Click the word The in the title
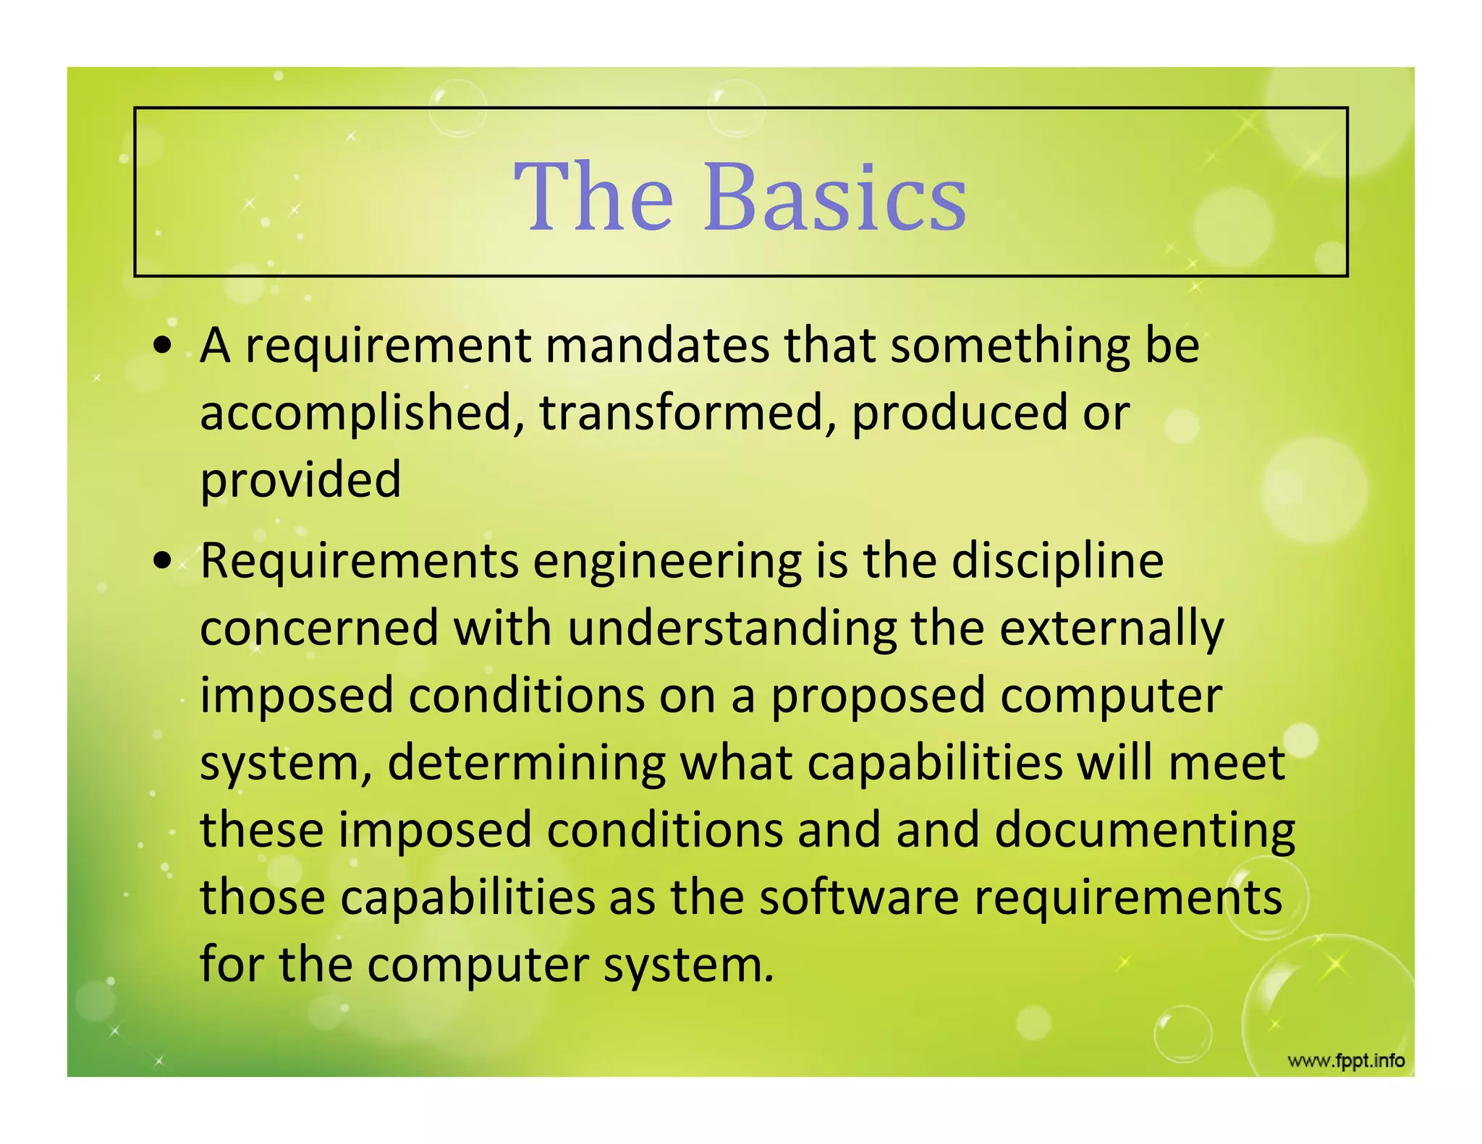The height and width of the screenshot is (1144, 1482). [593, 197]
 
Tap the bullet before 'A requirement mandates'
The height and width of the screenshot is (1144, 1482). [166, 345]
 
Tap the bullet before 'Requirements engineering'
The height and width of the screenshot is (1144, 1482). [166, 560]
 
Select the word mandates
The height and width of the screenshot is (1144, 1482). [657, 345]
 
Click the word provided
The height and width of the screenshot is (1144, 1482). [300, 479]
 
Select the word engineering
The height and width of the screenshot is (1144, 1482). [667, 560]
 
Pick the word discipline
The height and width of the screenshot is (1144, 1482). [1057, 560]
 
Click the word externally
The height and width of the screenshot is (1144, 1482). [1112, 628]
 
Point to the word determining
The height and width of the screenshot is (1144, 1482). [526, 763]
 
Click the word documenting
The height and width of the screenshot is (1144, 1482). [1145, 829]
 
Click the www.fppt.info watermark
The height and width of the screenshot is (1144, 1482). [1346, 1061]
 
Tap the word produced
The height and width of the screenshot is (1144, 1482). [959, 412]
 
